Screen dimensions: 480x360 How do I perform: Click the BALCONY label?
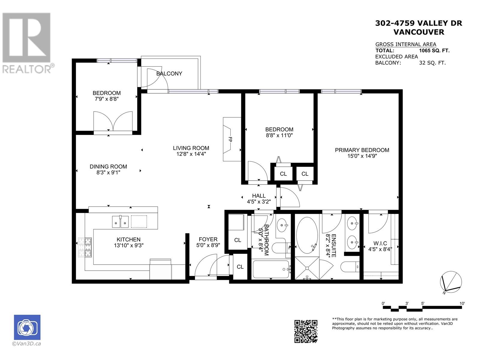[169, 74]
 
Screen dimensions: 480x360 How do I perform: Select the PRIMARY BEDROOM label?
[362, 150]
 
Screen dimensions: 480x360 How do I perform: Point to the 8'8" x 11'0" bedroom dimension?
[279, 135]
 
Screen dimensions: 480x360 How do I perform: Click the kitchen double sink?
[120, 222]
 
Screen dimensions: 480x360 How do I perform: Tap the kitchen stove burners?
[85, 247]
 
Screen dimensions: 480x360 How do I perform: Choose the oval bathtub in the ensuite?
[307, 235]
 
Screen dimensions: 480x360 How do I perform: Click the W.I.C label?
[380, 243]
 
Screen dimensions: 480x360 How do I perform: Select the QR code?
[306, 331]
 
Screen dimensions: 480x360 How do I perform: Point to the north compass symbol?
[451, 282]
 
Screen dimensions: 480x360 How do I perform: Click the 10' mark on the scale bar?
[462, 303]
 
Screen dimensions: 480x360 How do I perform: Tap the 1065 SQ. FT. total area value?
[434, 51]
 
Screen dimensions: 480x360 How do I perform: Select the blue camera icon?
[27, 327]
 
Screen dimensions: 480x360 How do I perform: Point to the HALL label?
[259, 196]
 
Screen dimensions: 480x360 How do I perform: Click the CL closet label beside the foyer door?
[240, 267]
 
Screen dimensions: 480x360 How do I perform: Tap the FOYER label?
[208, 239]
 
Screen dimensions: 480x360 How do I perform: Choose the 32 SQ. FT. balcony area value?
[432, 63]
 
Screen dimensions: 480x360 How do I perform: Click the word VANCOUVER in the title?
[419, 32]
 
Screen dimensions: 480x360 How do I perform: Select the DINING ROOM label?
[108, 166]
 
